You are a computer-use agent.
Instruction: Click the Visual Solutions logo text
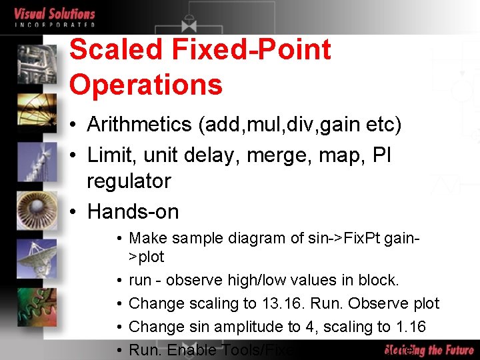click(55, 14)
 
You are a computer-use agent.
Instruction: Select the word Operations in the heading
click(145, 85)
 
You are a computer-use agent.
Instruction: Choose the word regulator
click(129, 181)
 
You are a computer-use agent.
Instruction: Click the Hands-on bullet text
click(133, 212)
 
